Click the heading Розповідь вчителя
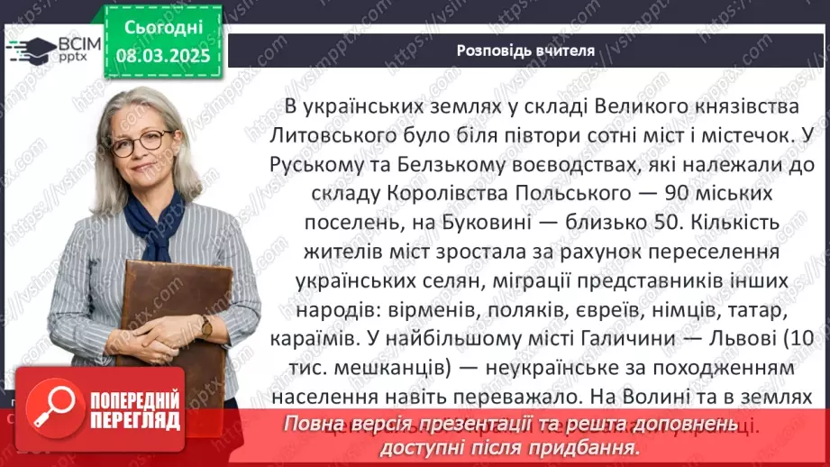coord(524,50)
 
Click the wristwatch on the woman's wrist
coord(207,325)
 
